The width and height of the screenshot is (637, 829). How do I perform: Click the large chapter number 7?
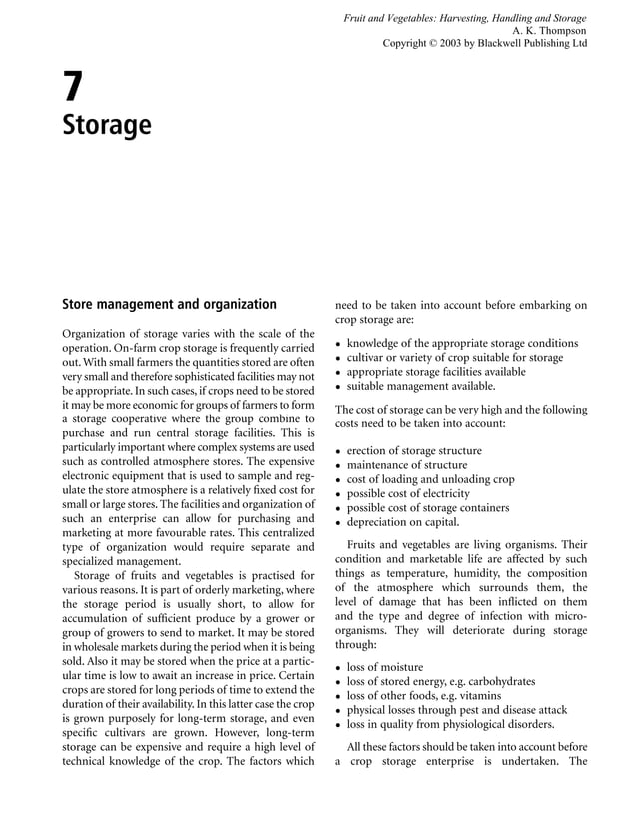click(x=72, y=88)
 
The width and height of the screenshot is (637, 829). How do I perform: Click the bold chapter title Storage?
click(x=107, y=126)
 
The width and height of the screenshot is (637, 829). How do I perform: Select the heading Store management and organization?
click(x=169, y=304)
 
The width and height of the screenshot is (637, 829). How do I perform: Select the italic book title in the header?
click(x=464, y=18)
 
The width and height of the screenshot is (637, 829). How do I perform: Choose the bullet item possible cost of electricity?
click(x=407, y=493)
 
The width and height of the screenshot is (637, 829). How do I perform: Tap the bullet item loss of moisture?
click(x=384, y=667)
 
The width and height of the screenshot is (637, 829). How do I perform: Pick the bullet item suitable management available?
click(x=420, y=385)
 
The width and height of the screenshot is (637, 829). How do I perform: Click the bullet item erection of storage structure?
click(x=413, y=451)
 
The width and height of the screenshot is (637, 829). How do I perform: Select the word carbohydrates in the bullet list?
click(x=498, y=681)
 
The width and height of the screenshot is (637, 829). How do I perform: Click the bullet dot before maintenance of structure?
click(x=339, y=466)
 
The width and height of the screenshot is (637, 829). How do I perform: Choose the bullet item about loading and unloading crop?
click(x=430, y=479)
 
